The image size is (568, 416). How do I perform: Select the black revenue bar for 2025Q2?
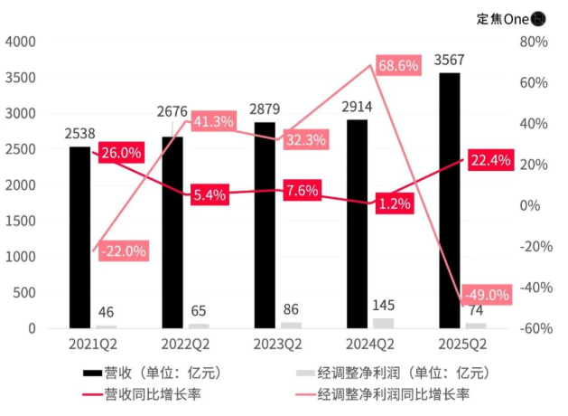450,200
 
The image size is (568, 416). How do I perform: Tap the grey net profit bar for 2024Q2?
383,323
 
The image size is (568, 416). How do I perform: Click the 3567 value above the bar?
451,61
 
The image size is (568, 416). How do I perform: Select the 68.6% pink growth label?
398,66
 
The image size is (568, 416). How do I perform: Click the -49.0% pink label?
486,295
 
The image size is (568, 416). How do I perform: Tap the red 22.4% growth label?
491,161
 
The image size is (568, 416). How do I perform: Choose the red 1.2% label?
395,204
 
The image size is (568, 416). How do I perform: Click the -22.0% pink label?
120,251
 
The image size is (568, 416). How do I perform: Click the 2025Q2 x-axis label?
461,345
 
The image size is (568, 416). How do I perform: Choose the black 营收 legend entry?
150,372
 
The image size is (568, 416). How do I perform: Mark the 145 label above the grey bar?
383,307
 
